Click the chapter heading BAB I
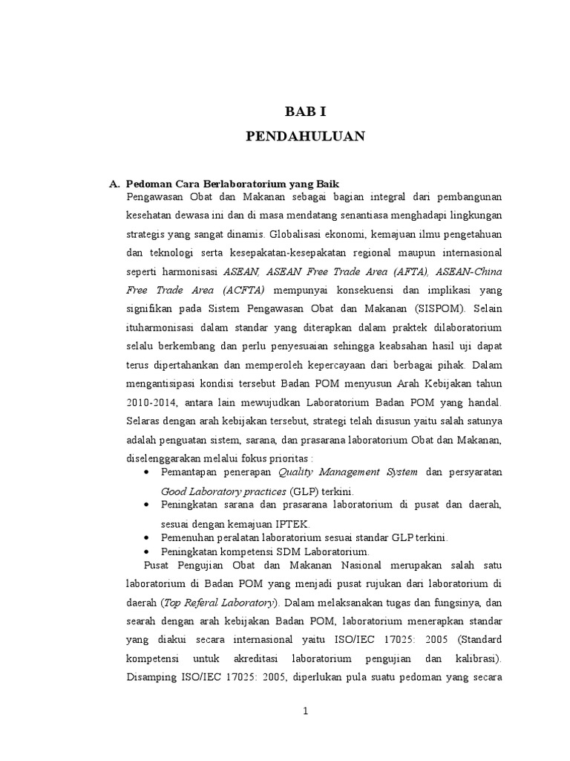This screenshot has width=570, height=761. coord(306,111)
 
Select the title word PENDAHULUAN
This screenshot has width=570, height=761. coord(305,136)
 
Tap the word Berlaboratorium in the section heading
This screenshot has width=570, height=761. coord(232,183)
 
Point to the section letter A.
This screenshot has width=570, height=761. coord(114,183)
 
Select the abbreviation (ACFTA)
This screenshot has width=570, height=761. coord(243,289)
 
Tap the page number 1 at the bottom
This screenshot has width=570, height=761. coord(305,711)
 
